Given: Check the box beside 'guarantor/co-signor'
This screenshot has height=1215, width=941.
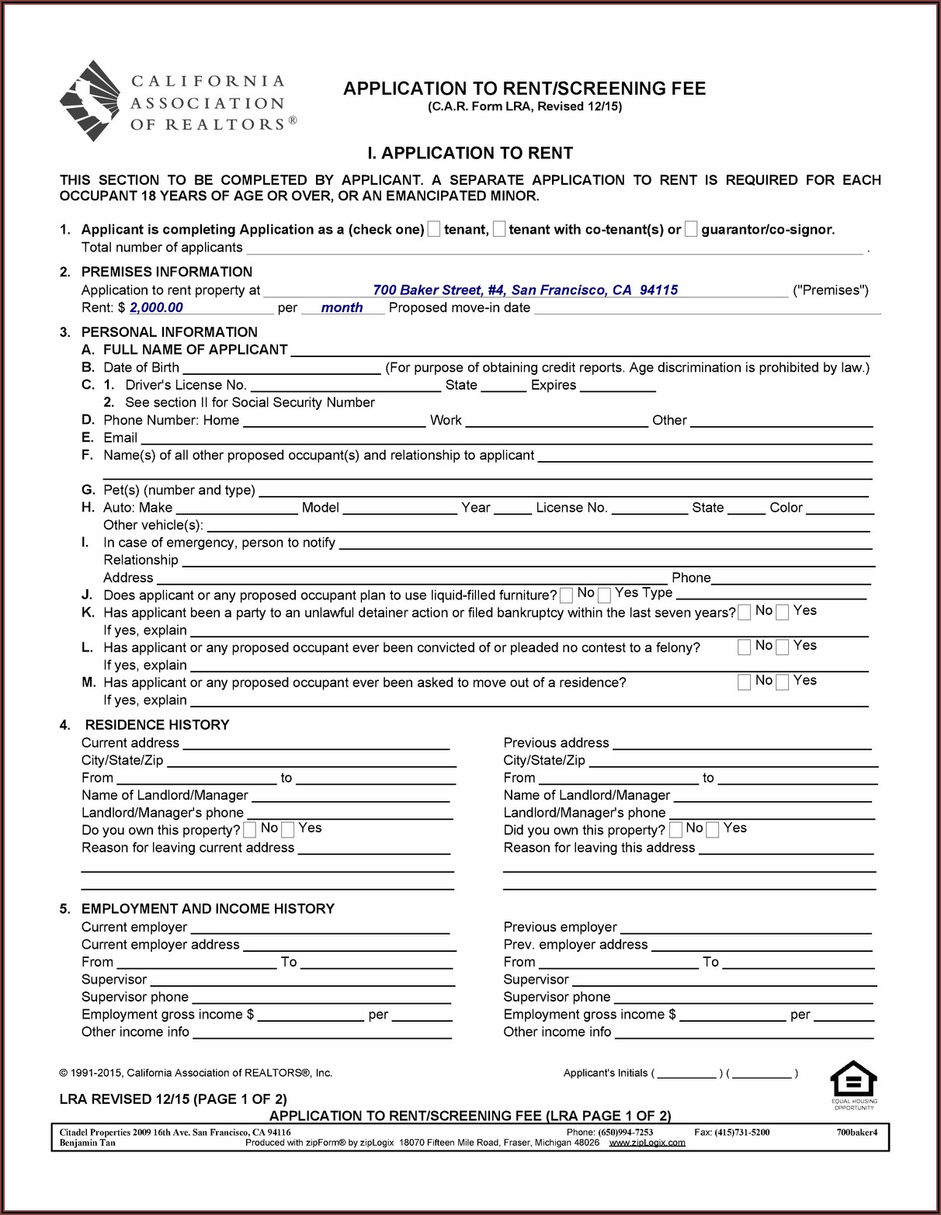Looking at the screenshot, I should pyautogui.click(x=691, y=229).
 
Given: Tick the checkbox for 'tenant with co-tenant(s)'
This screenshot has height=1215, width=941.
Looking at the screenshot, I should pyautogui.click(x=499, y=229).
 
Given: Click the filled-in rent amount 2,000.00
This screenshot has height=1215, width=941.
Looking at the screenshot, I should pyautogui.click(x=156, y=307).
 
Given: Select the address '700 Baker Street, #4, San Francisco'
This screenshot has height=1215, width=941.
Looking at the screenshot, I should pyautogui.click(x=525, y=290).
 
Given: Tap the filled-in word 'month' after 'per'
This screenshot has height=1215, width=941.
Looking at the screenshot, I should pyautogui.click(x=342, y=307).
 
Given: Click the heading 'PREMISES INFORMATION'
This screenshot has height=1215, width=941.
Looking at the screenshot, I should pyautogui.click(x=166, y=272).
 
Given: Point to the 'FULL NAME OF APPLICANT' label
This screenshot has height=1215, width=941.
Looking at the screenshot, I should pyautogui.click(x=195, y=349).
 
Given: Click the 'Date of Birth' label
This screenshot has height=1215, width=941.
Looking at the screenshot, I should pyautogui.click(x=141, y=367).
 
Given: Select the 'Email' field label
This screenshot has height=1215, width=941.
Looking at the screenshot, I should pyautogui.click(x=120, y=437).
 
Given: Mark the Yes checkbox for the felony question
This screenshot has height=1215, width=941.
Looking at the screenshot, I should pyautogui.click(x=783, y=647).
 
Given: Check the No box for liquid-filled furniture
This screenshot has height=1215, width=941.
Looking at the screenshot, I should pyautogui.click(x=567, y=595).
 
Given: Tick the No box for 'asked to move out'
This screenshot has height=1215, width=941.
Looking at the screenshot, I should pyautogui.click(x=744, y=682).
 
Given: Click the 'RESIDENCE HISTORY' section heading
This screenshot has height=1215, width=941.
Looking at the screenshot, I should pyautogui.click(x=157, y=724).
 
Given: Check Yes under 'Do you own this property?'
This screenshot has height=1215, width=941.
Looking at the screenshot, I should pyautogui.click(x=288, y=830).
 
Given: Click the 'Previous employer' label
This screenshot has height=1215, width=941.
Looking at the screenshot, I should pyautogui.click(x=560, y=927).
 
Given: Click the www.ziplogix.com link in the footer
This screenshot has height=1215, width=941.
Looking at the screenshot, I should pyautogui.click(x=647, y=1143).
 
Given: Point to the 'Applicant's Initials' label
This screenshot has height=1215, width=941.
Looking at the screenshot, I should pyautogui.click(x=606, y=1073).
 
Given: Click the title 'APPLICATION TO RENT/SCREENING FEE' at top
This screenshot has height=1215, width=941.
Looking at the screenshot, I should pyautogui.click(x=524, y=89).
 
